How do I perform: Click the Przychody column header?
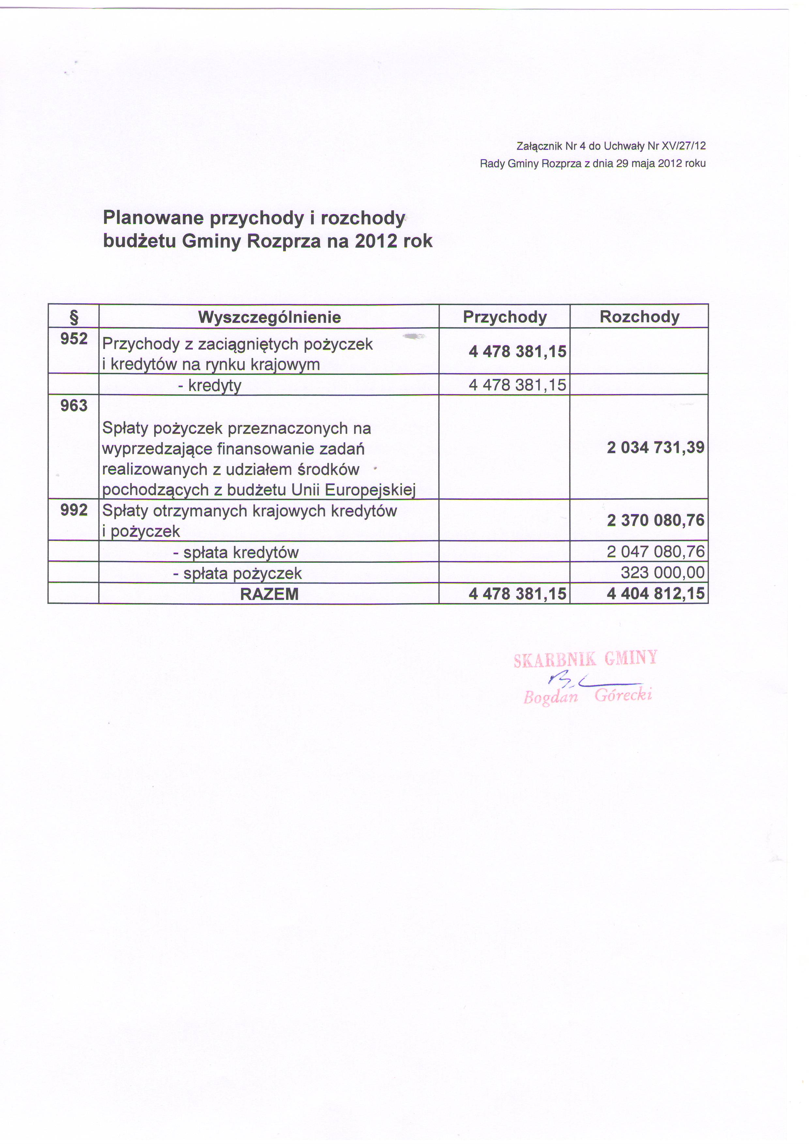pos(505,317)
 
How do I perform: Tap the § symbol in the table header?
pos(74,317)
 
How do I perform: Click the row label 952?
pos(74,339)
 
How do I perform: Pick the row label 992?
pos(74,510)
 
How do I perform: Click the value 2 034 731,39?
pos(655,448)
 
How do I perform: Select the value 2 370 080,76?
pos(655,520)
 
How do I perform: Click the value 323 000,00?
pos(663,572)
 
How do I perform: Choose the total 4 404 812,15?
pos(655,593)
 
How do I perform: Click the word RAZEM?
pos(269,594)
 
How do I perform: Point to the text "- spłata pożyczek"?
pos(237,573)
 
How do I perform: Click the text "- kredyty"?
pos(209,385)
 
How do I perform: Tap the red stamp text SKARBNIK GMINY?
pos(585,660)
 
